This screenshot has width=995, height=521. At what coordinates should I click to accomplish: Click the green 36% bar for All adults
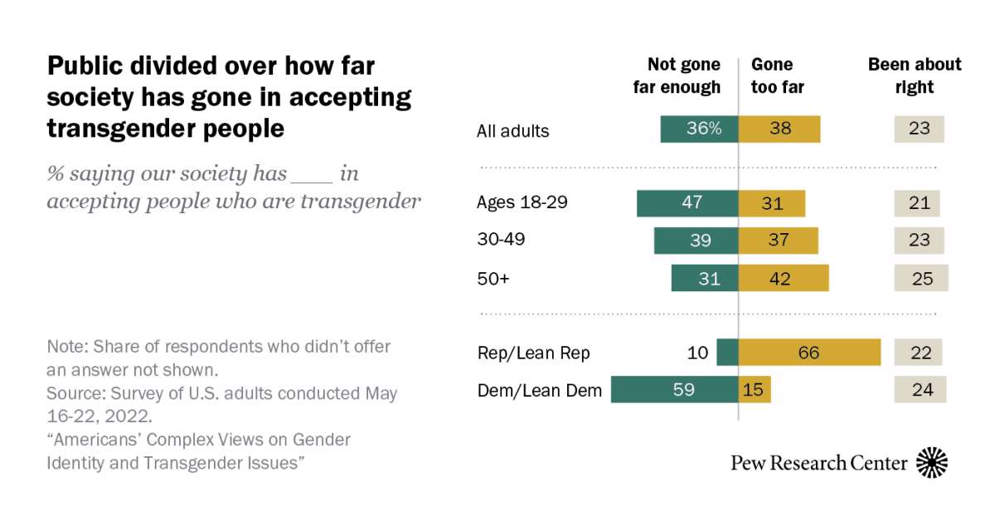click(x=699, y=129)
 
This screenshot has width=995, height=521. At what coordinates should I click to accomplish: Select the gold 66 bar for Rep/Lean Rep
click(x=809, y=353)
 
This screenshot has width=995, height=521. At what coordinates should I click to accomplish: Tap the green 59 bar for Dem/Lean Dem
click(x=674, y=389)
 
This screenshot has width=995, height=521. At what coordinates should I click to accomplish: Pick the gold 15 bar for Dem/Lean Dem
click(x=755, y=389)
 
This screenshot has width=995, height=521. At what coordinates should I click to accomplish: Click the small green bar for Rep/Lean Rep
click(x=727, y=353)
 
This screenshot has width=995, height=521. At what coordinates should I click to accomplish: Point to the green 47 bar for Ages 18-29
click(x=687, y=203)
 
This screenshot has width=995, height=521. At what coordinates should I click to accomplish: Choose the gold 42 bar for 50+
click(x=784, y=279)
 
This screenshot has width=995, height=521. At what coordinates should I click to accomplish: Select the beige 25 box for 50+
click(x=920, y=279)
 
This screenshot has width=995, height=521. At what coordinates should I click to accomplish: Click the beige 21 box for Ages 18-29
click(x=916, y=203)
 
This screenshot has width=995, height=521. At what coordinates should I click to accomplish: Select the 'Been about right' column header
click(x=915, y=75)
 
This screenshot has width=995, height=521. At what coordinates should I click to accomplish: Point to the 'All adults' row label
click(x=512, y=130)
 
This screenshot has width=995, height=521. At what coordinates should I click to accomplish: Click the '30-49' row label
click(x=501, y=240)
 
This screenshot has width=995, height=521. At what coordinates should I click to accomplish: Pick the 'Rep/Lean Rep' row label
click(x=533, y=353)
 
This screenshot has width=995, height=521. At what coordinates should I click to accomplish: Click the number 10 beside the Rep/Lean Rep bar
click(x=698, y=353)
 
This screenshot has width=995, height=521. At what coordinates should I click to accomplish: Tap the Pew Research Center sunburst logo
click(x=932, y=462)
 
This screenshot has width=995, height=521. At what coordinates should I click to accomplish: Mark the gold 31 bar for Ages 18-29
click(x=771, y=203)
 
